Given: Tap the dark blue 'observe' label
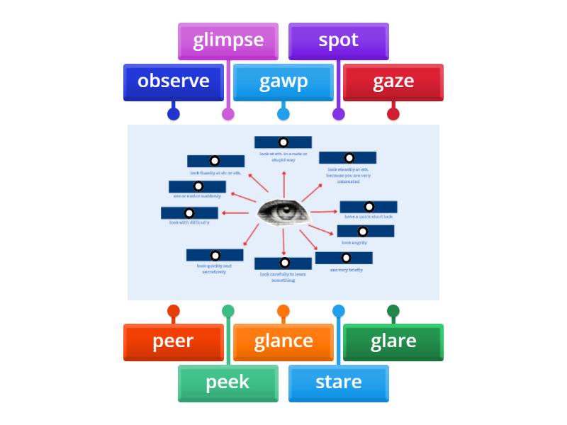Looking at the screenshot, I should tap(174, 81).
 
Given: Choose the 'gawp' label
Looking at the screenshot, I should tap(283, 81).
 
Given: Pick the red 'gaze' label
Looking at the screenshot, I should tap(393, 81).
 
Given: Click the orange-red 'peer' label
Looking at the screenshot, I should tap(174, 341).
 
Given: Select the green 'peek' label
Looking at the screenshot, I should tap(228, 382).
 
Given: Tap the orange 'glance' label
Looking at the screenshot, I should tap(283, 341).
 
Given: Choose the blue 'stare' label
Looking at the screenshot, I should tap(338, 382).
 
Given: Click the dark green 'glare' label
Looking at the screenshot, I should tap(393, 341).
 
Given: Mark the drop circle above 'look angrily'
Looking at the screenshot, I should tap(363, 232).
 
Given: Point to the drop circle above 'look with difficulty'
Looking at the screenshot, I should tap(189, 213).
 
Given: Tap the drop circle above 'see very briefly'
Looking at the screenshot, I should tap(346, 259).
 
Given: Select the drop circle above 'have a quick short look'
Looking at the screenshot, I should tap(368, 208).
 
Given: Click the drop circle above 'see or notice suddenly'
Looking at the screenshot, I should tap(197, 187).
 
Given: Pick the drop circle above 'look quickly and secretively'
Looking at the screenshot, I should tap(215, 255).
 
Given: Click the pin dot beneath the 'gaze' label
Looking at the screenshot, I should tap(393, 114).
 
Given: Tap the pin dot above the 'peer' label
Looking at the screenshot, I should tap(174, 311).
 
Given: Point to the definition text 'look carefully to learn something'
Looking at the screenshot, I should tap(283, 277).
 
